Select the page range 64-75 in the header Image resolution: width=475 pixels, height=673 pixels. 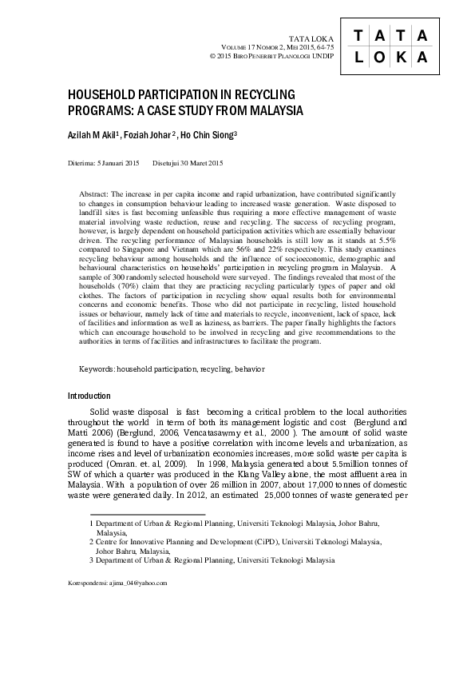[x=316, y=48]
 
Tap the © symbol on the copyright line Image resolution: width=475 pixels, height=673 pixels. [x=212, y=58]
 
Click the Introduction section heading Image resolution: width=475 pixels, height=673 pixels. [x=89, y=396]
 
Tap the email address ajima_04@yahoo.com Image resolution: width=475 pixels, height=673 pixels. [x=142, y=583]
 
